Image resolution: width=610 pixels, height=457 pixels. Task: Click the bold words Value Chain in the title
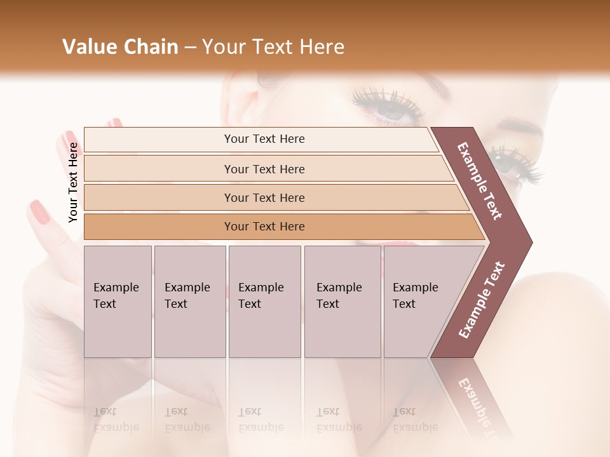pos(120,47)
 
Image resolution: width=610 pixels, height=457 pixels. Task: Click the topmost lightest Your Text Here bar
pos(264,139)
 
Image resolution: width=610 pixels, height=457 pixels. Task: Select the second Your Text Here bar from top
pos(264,169)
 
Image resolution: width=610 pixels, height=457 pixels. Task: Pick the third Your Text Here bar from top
pos(264,197)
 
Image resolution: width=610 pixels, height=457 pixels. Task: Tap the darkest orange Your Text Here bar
pos(264,227)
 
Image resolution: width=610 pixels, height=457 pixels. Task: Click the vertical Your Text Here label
pos(73,182)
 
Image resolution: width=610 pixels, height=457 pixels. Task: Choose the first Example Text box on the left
pos(118,301)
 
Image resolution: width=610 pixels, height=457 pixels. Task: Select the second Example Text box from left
pos(189,301)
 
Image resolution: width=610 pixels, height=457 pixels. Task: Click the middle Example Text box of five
pos(264,301)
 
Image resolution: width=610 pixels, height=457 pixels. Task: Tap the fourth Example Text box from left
pos(342,301)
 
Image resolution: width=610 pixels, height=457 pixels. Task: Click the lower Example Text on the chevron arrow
pos(482,300)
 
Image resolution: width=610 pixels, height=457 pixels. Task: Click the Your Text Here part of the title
pos(273,47)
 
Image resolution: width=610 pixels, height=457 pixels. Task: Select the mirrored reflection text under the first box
pos(116,420)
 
